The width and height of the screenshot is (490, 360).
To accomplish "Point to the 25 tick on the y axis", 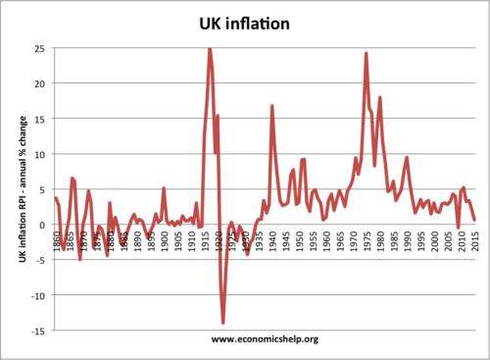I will (36, 48).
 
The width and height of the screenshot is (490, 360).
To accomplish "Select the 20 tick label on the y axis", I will (36, 83).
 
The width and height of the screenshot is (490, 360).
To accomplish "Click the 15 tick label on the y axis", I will (36, 119).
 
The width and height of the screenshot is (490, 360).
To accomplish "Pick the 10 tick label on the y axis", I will (36, 154).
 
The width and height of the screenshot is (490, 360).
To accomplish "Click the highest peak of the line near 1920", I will (210, 48).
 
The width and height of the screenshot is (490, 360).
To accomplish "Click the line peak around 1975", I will (366, 53).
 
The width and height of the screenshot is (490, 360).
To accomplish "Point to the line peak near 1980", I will (379, 97).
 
